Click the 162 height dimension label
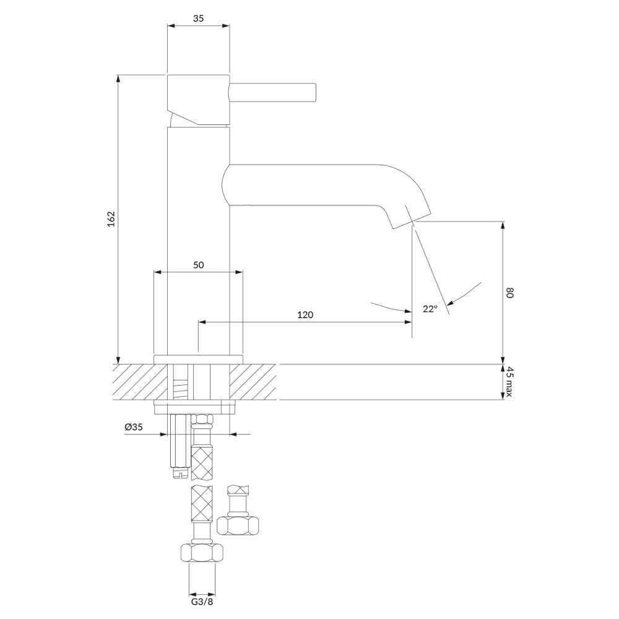click(x=111, y=219)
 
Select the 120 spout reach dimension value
click(x=305, y=314)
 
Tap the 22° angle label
click(x=430, y=309)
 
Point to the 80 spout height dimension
click(x=509, y=293)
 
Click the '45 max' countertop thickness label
click(x=509, y=382)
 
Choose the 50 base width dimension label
click(x=199, y=265)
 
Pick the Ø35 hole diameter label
click(x=134, y=426)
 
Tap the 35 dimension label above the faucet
click(x=199, y=18)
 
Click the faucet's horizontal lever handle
click(x=273, y=93)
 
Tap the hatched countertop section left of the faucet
click(x=140, y=382)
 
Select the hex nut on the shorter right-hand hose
click(x=238, y=525)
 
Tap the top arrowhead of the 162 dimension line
click(x=118, y=79)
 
